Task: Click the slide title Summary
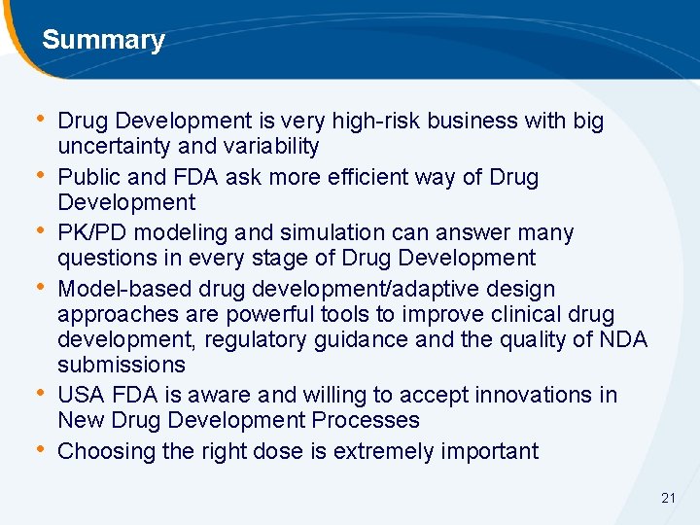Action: pyautogui.click(x=103, y=40)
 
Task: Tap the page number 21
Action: pyautogui.click(x=668, y=498)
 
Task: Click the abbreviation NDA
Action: pyautogui.click(x=623, y=339)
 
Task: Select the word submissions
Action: pyautogui.click(x=121, y=365)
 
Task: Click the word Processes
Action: pyautogui.click(x=367, y=420)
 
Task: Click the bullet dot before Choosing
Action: pyautogui.click(x=40, y=450)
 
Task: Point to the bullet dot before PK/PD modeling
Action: pyautogui.click(x=40, y=232)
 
